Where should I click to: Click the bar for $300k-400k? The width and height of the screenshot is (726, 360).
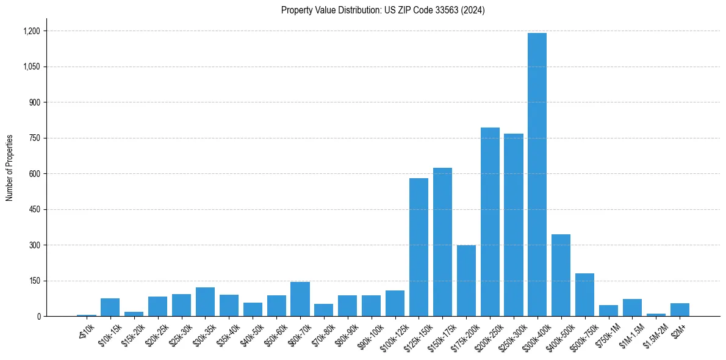coord(537,175)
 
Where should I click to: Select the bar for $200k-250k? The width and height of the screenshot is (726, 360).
coord(490,222)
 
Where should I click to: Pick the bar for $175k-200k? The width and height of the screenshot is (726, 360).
coord(466,281)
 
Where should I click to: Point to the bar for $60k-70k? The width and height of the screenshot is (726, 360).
coord(300,299)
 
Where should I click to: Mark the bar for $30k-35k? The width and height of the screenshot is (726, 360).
coord(205,302)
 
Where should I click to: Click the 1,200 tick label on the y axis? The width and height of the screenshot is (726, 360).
coord(32,31)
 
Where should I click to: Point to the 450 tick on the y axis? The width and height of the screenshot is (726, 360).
coord(35,209)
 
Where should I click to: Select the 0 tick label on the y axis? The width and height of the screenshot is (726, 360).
coord(38,317)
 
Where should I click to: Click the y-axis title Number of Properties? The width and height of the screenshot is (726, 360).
coord(9,168)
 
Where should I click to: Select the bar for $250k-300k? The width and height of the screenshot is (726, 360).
coord(514,225)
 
